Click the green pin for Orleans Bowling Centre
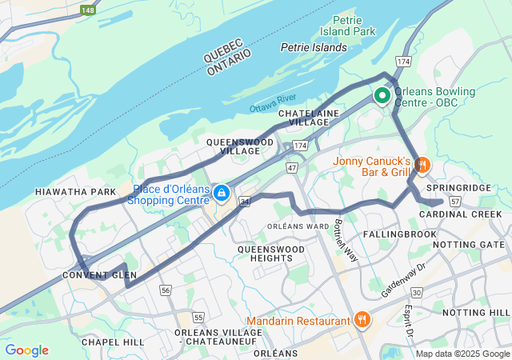pos(382,96)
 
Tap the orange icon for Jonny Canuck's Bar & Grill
pos(422,165)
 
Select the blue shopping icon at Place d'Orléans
pos(222,194)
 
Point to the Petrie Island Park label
pos(354,26)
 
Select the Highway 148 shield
pos(88,10)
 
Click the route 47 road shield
pos(292,168)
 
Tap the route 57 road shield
pos(454,202)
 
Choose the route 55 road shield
pos(198,318)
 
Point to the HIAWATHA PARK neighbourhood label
pos(76,192)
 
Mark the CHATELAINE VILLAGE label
pos(310,119)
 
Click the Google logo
pos(26,350)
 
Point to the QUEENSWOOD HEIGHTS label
pos(271,254)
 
